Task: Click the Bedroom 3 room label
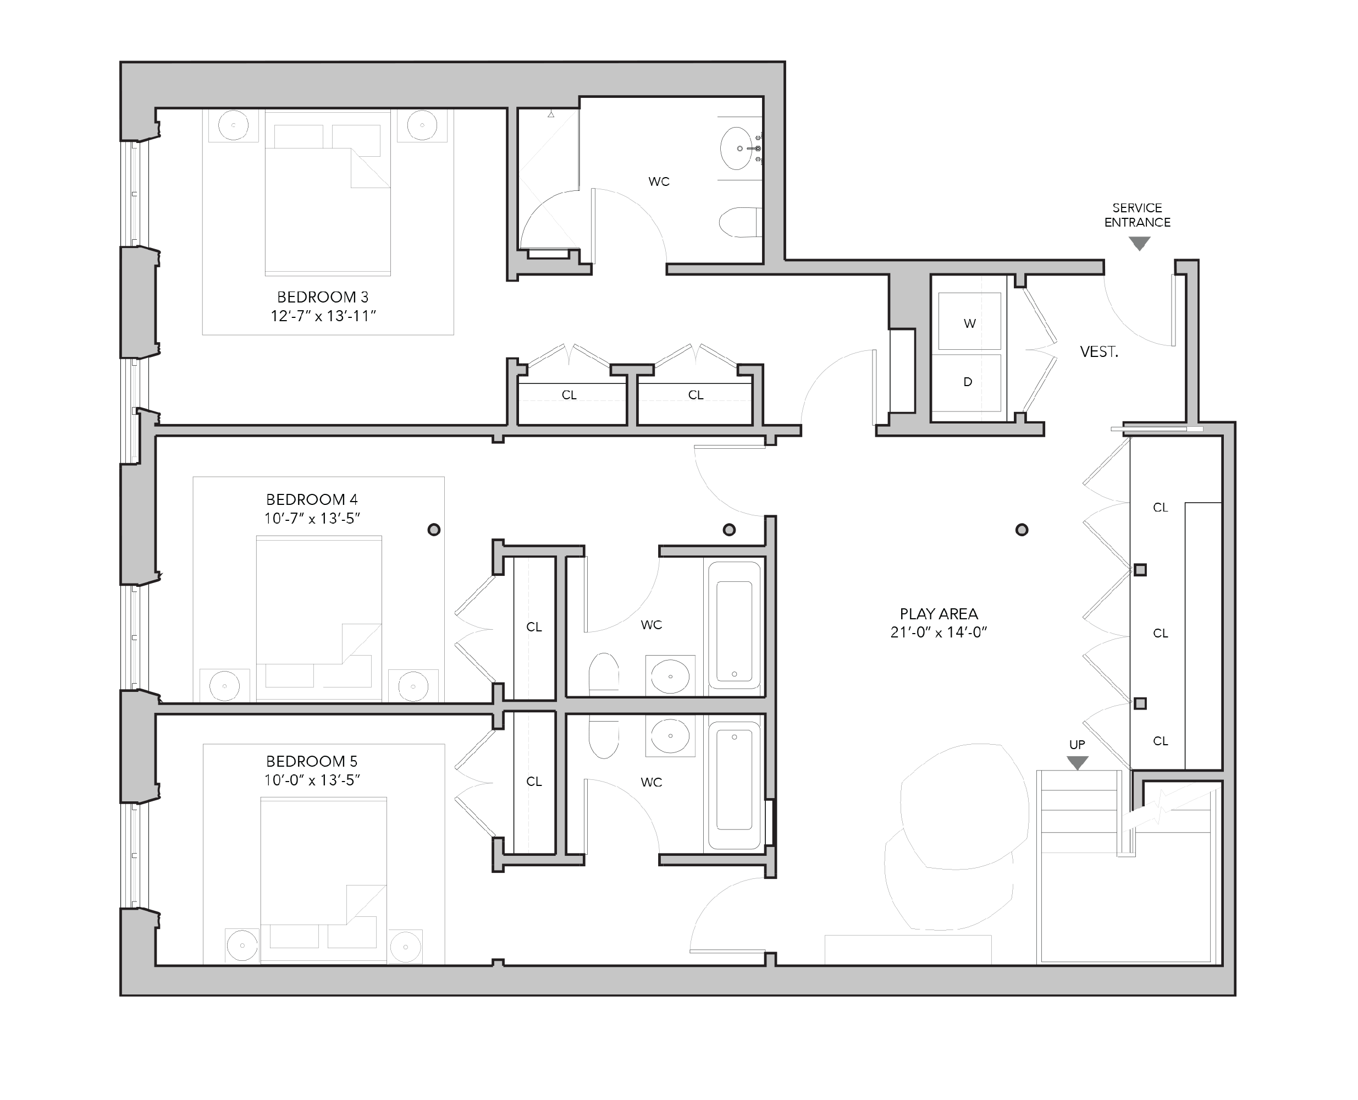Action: pos(322,297)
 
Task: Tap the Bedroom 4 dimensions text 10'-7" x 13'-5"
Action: pos(312,518)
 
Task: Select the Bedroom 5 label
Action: pos(312,761)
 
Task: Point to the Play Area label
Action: pos(939,613)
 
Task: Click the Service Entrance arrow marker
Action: pos(1140,243)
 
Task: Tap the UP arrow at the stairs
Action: pos(1078,762)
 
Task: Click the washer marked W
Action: pos(970,321)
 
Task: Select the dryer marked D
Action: pos(970,383)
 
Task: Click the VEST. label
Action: pos(1099,353)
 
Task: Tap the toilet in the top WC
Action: pos(740,222)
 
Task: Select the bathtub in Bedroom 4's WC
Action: pos(734,625)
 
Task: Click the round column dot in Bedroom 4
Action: pos(434,529)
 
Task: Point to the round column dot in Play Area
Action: pos(1022,530)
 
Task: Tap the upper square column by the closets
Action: pos(1140,570)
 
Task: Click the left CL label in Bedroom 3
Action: pos(569,395)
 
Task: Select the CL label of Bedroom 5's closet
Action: pos(534,782)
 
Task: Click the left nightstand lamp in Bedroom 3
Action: pos(234,125)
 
